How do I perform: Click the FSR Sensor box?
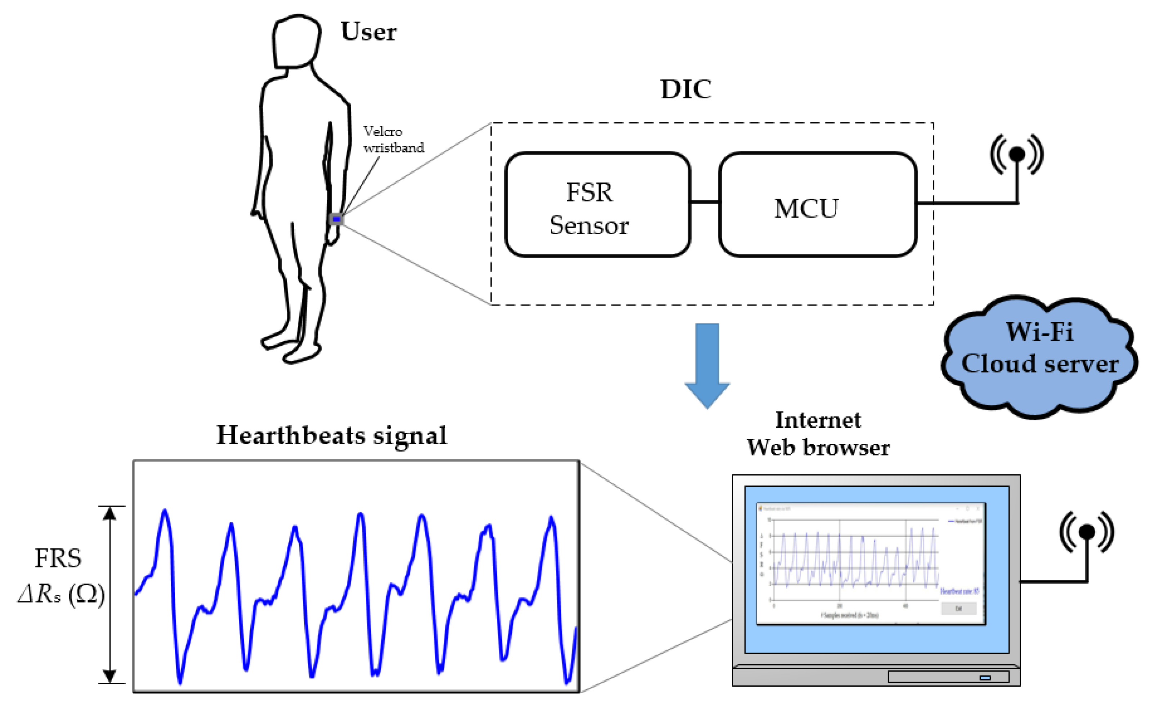pos(598,205)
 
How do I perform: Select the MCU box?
pos(818,205)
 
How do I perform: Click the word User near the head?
pos(368,32)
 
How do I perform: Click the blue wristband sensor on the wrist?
pos(336,219)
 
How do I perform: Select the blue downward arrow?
pos(707,364)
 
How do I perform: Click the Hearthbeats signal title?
pos(331,436)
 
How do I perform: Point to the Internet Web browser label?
pos(818,433)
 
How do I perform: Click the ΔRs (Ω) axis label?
pos(61,594)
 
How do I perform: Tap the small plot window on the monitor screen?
pos(871,564)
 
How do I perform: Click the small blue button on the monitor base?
pos(985,678)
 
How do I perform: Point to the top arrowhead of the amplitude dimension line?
pos(109,513)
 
